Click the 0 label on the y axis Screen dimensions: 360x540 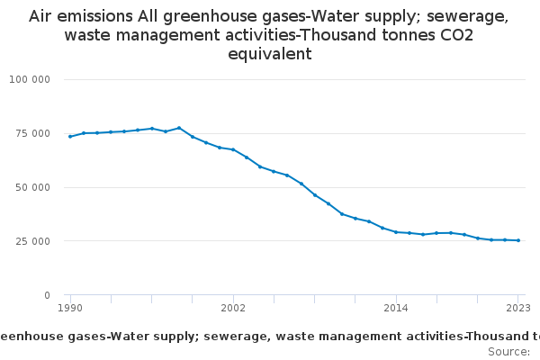click(47, 295)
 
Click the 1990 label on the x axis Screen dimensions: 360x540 click(70, 308)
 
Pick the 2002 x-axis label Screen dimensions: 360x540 click(233, 308)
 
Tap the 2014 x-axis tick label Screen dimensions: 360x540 click(396, 308)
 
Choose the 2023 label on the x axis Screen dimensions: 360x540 click(518, 308)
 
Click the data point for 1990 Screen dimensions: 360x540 click(70, 137)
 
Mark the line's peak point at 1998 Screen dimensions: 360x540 click(179, 128)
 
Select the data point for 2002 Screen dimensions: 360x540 click(233, 149)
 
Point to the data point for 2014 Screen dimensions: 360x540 click(396, 232)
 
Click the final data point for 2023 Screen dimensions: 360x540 click(518, 240)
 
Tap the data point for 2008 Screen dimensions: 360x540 click(315, 194)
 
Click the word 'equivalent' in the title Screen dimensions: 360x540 click(269, 54)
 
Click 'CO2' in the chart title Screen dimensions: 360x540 click(454, 35)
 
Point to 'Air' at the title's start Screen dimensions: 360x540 click(40, 16)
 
